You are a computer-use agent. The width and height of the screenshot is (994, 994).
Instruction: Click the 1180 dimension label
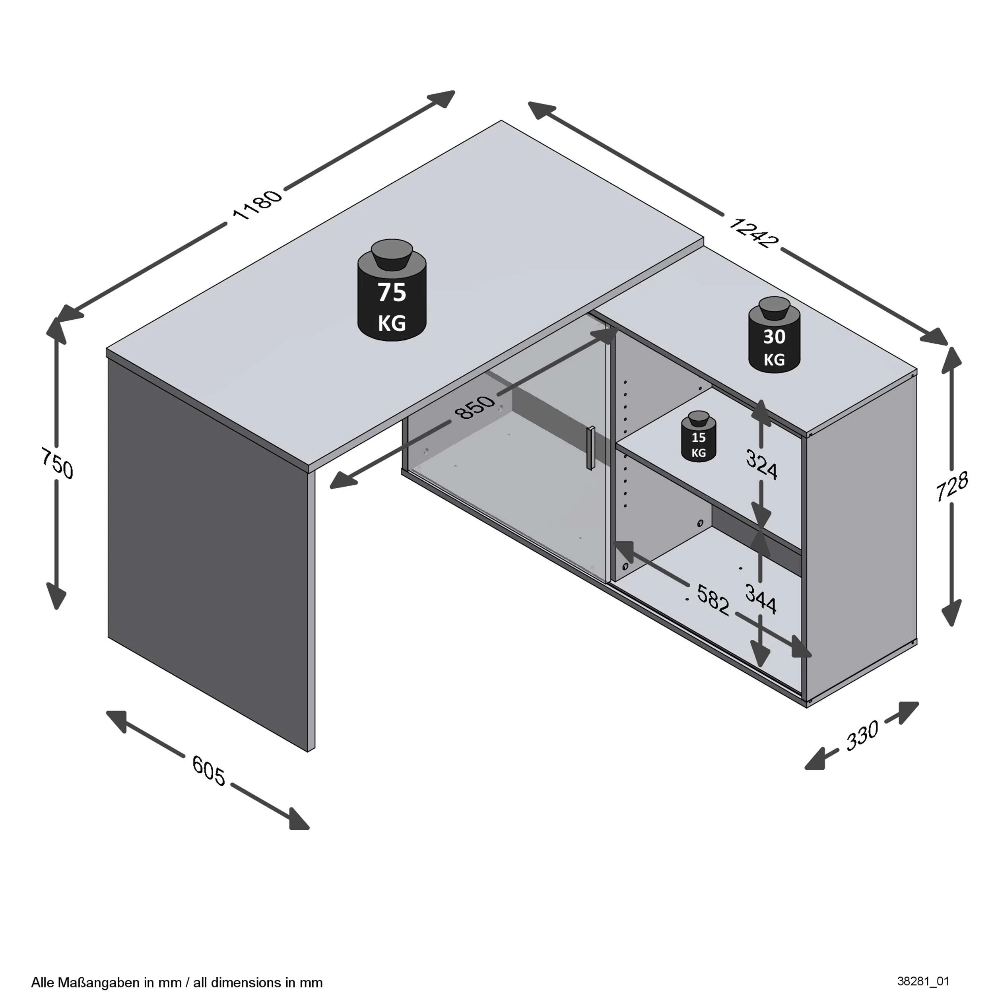coord(257,204)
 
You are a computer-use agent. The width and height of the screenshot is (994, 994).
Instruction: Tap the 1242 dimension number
coord(752,233)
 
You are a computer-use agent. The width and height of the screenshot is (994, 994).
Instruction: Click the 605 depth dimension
coord(208,770)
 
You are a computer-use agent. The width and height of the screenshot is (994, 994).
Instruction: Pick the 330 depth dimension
coord(862,736)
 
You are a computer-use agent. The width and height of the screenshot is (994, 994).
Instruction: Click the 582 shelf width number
coord(712,600)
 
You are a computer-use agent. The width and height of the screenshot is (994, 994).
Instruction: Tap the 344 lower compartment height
coord(761,600)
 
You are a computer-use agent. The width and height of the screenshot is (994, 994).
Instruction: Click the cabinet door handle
coord(591,448)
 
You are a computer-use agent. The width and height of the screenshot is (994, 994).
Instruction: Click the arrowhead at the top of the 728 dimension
coord(952,359)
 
